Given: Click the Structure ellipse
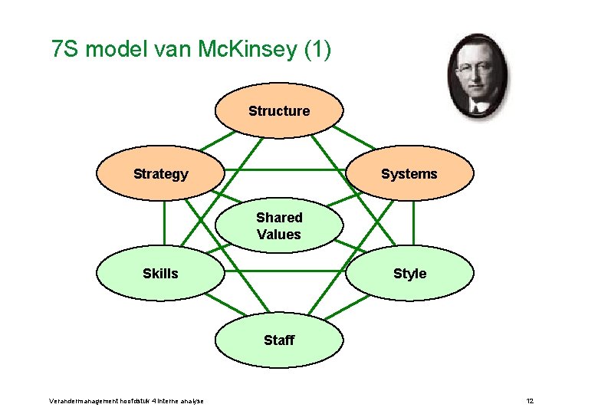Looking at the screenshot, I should click(x=278, y=111).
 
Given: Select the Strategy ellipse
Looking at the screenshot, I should click(x=160, y=174).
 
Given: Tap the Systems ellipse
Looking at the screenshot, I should click(x=409, y=174).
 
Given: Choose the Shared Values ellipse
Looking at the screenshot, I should click(x=279, y=226).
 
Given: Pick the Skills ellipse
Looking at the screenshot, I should click(x=160, y=274).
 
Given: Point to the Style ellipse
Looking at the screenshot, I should click(x=409, y=274).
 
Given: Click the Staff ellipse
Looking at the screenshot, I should click(x=278, y=340).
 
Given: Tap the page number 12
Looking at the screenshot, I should click(x=530, y=401).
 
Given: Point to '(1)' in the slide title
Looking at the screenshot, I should click(x=317, y=51).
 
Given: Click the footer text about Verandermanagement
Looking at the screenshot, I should click(x=127, y=401).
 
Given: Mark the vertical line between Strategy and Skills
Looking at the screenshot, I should click(x=164, y=223).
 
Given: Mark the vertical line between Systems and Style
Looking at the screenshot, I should click(x=412, y=223).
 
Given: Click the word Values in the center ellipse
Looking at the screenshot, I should click(x=279, y=235).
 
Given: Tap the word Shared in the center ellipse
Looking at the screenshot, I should click(x=279, y=218).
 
